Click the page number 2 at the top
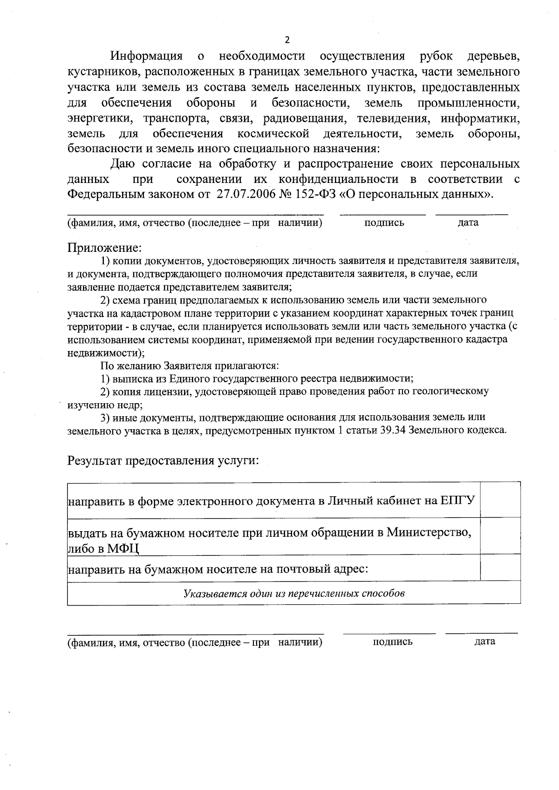tap(287, 40)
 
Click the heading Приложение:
tap(104, 247)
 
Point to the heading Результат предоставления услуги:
tap(163, 461)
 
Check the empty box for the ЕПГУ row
tap(500, 500)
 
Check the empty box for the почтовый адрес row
tap(500, 568)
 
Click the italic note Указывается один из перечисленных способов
tap(293, 594)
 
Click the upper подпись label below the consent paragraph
tap(384, 223)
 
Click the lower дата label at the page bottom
tap(484, 642)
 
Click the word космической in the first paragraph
tap(273, 135)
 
